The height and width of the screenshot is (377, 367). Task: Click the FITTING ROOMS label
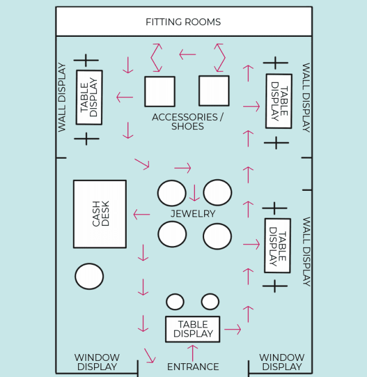tap(183, 22)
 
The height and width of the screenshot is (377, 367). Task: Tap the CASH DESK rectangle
tap(100, 214)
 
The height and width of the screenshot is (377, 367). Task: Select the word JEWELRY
tap(193, 214)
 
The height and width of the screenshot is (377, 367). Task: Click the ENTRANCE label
tap(193, 367)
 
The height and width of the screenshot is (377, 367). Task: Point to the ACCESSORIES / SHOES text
tap(188, 121)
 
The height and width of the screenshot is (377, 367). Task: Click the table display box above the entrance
tap(193, 329)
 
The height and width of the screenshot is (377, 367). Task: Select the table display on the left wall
tap(89, 97)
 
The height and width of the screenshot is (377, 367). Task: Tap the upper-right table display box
tap(279, 101)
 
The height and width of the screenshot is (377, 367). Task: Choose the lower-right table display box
tap(278, 245)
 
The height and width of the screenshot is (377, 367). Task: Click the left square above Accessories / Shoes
tap(159, 91)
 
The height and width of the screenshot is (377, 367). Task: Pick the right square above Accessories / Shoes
tap(214, 91)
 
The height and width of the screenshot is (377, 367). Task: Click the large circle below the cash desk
tap(89, 276)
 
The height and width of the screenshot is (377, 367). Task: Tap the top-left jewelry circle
tap(172, 193)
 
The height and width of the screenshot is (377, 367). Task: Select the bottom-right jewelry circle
tap(217, 236)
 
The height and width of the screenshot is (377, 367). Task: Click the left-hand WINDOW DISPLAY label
tap(97, 362)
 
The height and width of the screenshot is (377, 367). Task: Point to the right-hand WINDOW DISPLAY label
tap(281, 362)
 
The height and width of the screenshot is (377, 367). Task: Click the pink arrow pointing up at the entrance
tap(193, 352)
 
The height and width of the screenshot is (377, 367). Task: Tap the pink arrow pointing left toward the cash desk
tap(142, 215)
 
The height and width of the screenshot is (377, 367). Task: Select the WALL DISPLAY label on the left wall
tap(62, 97)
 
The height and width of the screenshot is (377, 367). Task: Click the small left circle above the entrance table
tap(175, 302)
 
